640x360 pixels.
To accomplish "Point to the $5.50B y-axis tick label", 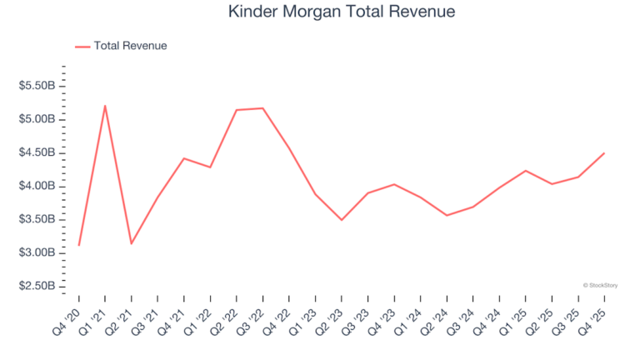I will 37,86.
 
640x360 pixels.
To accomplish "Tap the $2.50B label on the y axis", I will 37,286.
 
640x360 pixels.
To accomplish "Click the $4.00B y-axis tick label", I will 37,186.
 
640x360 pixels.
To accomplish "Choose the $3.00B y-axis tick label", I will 37,252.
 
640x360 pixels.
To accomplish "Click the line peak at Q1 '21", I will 105,106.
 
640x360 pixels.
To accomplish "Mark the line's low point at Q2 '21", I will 131,243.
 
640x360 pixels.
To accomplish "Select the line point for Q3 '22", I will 262,108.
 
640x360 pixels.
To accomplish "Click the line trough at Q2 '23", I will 342,220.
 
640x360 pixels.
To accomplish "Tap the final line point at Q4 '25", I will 604,153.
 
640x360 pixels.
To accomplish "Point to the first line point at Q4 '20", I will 79,245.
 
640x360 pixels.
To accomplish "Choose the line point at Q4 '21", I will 184,158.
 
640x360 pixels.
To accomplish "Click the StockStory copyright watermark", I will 602,285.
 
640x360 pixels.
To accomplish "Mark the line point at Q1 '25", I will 526,171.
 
